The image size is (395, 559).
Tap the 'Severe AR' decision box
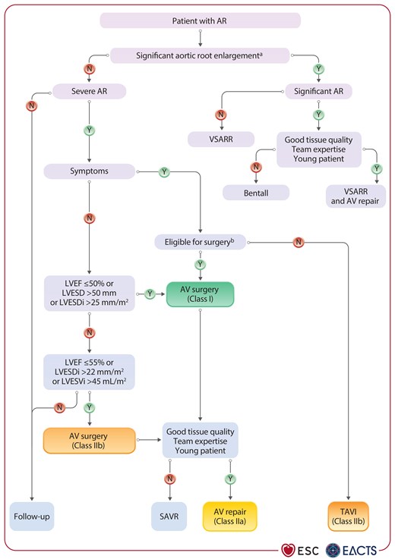coord(89,93)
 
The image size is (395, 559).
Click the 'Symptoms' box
coord(88,171)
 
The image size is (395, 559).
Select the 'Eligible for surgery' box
coord(200,242)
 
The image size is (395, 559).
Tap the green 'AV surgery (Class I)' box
coord(200,294)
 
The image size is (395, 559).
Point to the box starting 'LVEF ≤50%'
coord(88,294)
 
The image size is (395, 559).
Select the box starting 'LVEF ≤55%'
coord(88,372)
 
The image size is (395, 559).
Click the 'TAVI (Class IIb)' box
coord(353,516)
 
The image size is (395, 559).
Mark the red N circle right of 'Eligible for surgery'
coord(298,243)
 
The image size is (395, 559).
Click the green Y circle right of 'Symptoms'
coord(163,172)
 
